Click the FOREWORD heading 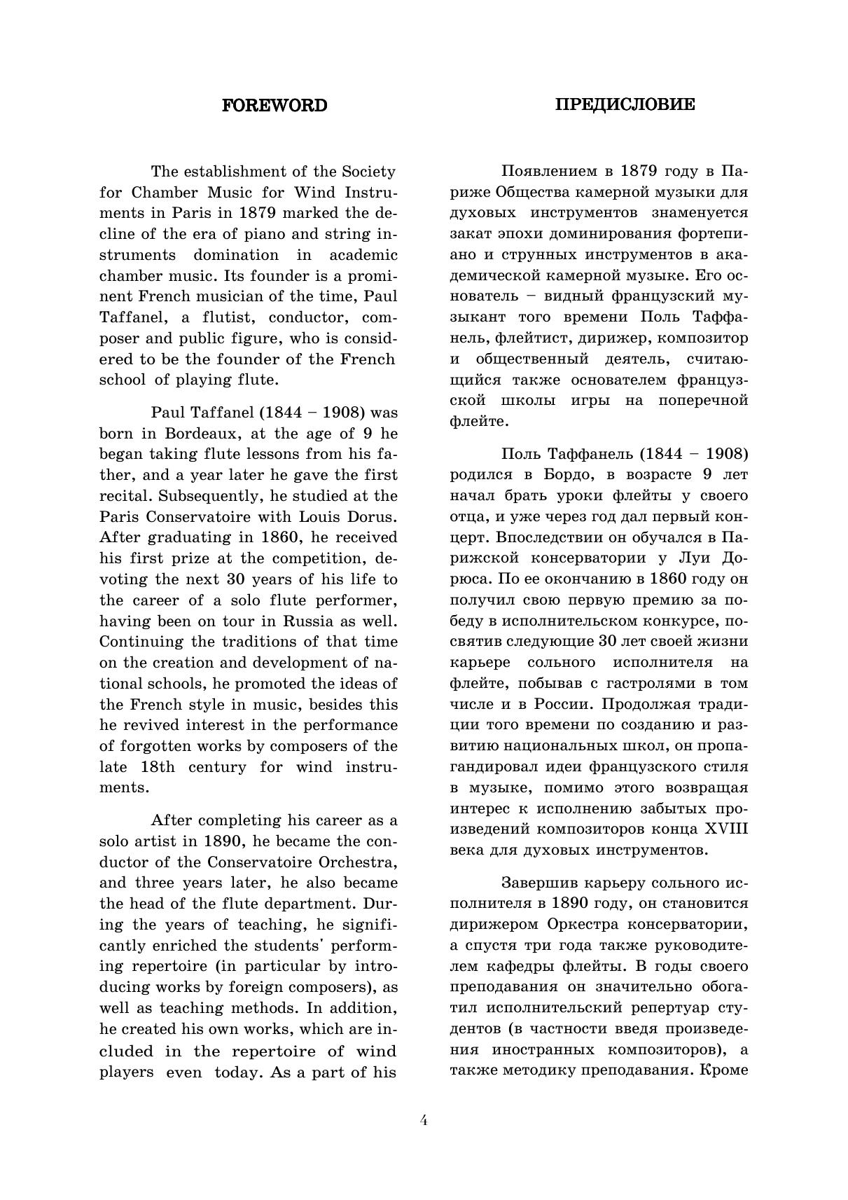[x=274, y=106]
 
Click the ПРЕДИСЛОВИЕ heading [x=625, y=104]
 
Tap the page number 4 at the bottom [x=424, y=1119]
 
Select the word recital [x=125, y=496]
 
